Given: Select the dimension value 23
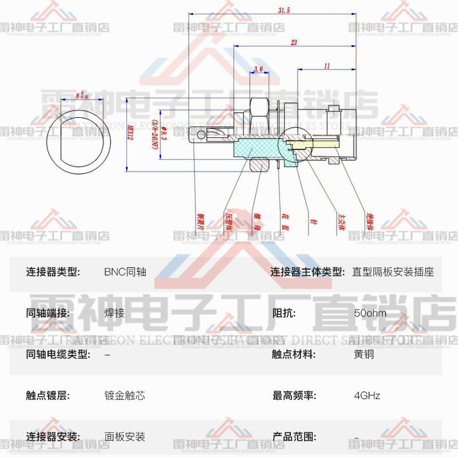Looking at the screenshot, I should coord(294,42).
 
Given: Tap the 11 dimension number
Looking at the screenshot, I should coord(327,66).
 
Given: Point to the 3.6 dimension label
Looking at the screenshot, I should coord(258,69).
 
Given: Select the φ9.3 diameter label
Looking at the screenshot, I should coord(164,133).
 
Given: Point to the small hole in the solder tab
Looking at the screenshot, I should coord(200,135).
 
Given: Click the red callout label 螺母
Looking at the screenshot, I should coord(256,220).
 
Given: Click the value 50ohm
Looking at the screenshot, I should coord(370,313).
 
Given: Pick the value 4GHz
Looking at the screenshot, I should coord(367,396).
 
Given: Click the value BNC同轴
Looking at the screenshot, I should coord(125,272).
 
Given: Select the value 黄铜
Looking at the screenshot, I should coord(364,354).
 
